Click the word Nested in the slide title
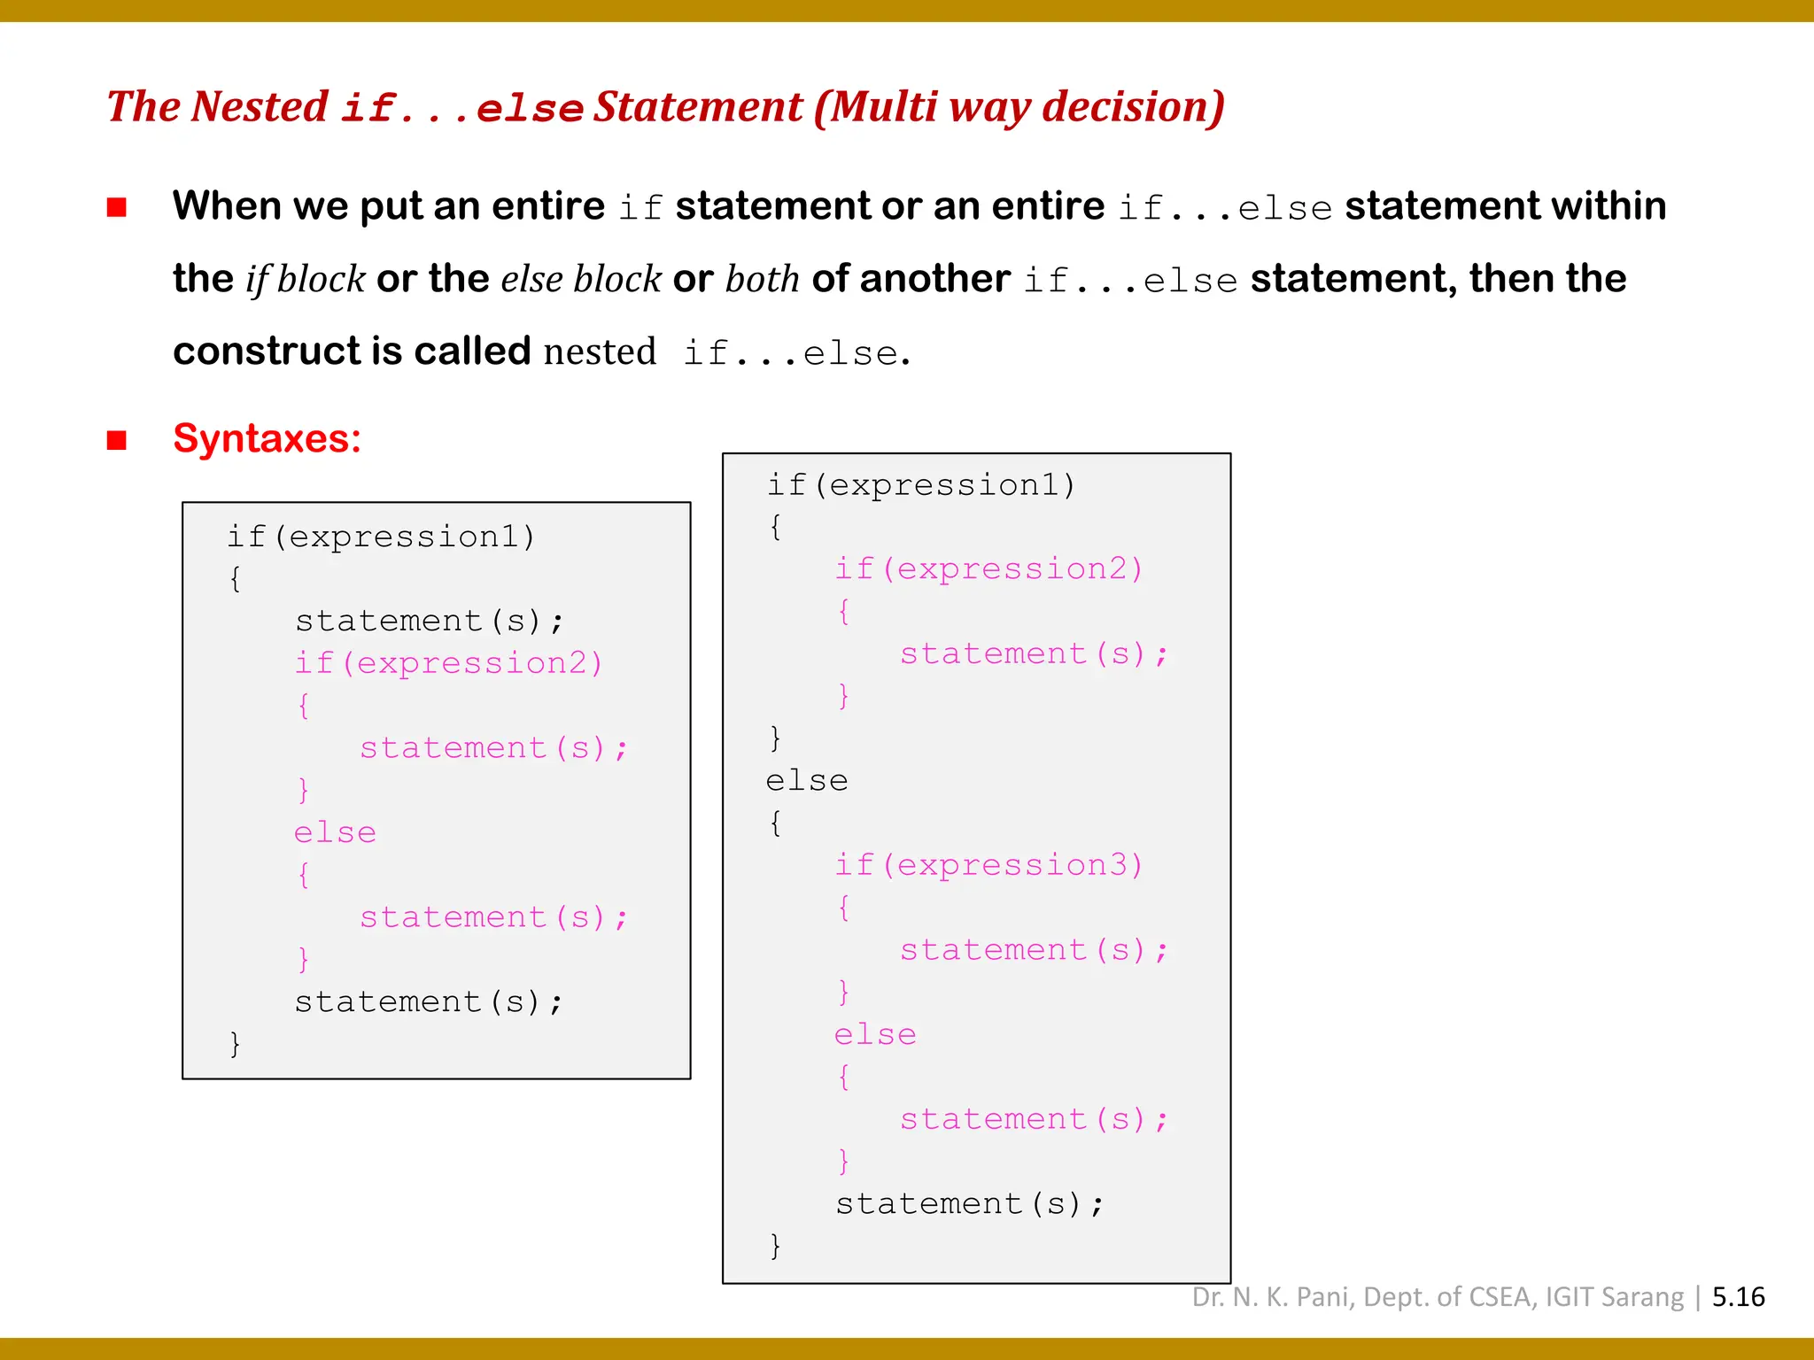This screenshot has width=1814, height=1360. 260,107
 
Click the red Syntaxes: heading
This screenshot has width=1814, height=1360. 267,438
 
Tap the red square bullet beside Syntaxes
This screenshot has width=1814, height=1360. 117,440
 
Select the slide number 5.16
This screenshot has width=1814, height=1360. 1738,1297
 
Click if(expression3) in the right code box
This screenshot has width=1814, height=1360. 988,865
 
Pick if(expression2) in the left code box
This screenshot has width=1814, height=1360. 448,663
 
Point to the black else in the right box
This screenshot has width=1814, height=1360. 806,781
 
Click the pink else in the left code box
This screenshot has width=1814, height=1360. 335,833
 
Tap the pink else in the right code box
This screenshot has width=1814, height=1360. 875,1035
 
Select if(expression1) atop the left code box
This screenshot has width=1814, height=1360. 381,537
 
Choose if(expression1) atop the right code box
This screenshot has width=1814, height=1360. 921,485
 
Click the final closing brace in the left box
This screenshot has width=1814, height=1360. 235,1044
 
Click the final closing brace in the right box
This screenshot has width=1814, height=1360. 775,1246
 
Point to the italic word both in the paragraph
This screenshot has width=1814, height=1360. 762,279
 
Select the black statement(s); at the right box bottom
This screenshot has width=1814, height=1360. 970,1204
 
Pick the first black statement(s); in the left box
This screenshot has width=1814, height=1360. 429,622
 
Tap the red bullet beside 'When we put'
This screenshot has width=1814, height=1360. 117,207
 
